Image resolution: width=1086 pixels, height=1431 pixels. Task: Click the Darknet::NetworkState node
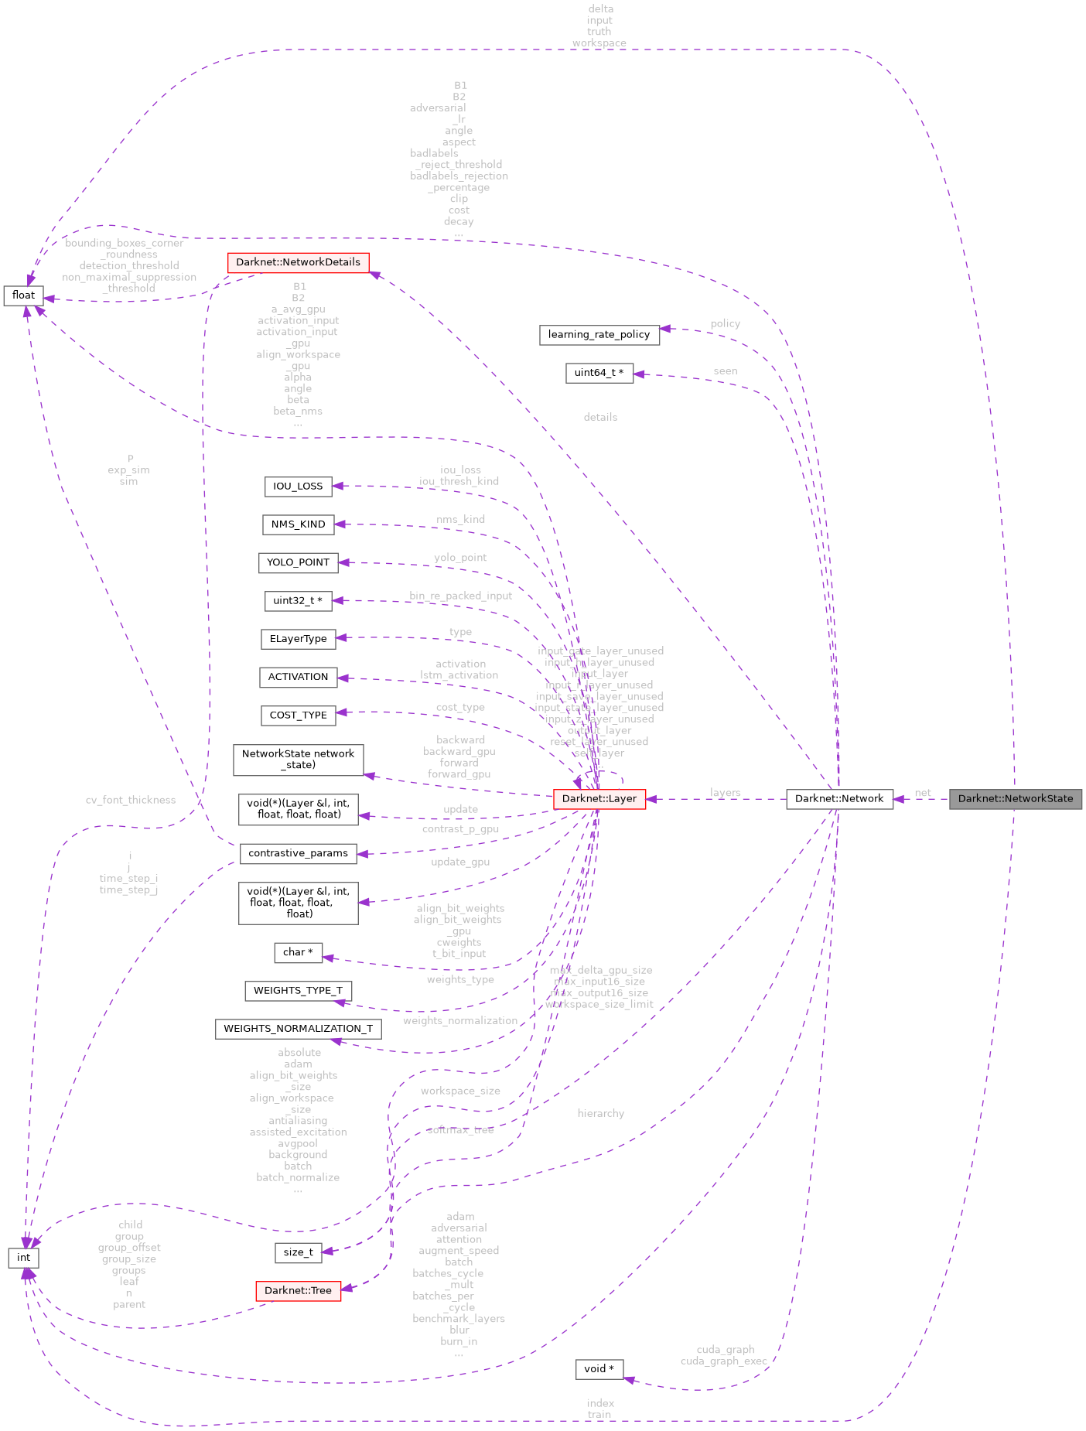coord(1015,799)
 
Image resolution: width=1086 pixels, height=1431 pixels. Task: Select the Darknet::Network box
coord(839,799)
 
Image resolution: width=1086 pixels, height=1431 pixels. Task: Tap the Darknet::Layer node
coord(599,799)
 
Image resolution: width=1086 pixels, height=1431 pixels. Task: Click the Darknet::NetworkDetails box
coord(298,262)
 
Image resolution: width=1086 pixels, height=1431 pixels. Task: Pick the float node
coord(23,295)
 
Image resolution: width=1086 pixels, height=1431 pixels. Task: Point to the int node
coord(23,1258)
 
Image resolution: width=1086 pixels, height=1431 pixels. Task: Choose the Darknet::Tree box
coord(298,1291)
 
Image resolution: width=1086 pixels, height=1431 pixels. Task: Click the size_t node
coord(298,1252)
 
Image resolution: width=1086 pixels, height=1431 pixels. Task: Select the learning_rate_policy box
coord(599,335)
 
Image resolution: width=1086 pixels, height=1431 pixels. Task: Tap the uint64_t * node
coord(599,373)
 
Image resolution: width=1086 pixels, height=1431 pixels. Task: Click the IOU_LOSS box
coord(298,487)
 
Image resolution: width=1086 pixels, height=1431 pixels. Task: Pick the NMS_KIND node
coord(298,524)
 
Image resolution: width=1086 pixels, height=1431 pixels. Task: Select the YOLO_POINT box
coord(298,562)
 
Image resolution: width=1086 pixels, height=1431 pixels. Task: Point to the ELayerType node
coord(298,639)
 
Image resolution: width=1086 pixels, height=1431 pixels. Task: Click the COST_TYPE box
coord(298,715)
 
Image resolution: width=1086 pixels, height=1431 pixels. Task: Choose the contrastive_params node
coord(298,853)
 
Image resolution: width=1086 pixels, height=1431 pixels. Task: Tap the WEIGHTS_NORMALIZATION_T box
coord(298,1029)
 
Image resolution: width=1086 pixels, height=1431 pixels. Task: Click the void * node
coord(599,1369)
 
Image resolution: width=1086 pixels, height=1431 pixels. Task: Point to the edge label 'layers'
coord(725,793)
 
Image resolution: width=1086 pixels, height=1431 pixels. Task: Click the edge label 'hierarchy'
coord(600,1113)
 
